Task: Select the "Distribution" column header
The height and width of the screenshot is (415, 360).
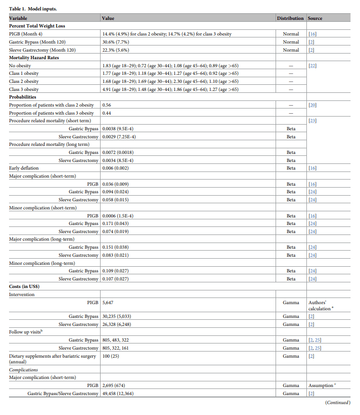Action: (x=290, y=18)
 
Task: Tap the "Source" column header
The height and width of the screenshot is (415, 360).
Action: (x=315, y=18)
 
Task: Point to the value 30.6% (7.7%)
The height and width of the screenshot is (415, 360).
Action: (x=116, y=42)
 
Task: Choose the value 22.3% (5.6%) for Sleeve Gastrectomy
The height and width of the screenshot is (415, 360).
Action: (x=116, y=50)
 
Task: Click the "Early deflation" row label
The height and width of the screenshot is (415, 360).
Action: (x=24, y=168)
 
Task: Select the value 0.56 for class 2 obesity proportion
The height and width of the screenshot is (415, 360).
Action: (x=107, y=105)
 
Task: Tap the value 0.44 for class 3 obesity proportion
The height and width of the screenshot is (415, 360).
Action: (x=107, y=113)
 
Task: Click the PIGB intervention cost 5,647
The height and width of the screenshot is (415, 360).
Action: (x=108, y=302)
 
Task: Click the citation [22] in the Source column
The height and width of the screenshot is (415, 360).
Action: (x=313, y=66)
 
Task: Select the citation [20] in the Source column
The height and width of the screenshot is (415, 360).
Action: (x=313, y=105)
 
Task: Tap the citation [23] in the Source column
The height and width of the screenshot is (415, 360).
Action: (x=313, y=121)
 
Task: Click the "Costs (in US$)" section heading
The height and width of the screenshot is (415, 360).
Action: (x=24, y=287)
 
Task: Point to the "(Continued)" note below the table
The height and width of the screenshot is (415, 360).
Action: (x=337, y=403)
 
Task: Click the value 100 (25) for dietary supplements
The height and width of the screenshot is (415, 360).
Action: (x=111, y=356)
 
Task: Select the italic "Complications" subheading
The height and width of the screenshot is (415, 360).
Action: (x=24, y=370)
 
